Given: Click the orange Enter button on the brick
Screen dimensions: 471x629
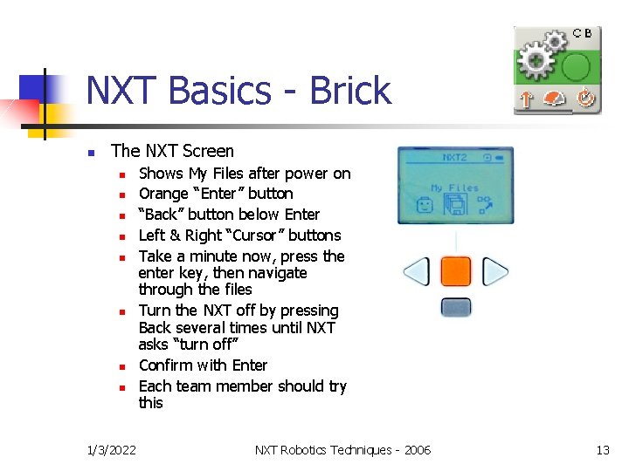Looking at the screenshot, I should pyautogui.click(x=455, y=272).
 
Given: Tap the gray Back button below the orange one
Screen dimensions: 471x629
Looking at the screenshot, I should pyautogui.click(x=455, y=307).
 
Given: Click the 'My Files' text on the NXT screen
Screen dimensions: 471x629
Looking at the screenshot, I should pyautogui.click(x=454, y=188).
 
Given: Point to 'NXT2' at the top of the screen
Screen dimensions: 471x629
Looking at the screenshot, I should pyautogui.click(x=454, y=158).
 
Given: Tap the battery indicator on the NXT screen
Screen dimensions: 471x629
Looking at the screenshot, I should pyautogui.click(x=501, y=158).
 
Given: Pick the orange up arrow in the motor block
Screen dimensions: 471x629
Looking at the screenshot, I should pyautogui.click(x=526, y=99).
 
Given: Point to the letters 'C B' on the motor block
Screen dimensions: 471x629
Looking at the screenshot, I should pyautogui.click(x=582, y=33).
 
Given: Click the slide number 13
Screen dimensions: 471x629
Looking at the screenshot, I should pyautogui.click(x=602, y=449).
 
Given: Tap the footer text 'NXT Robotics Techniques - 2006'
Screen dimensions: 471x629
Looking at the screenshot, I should pyautogui.click(x=342, y=449).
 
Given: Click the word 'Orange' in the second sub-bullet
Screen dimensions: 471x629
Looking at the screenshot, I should pyautogui.click(x=163, y=194).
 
